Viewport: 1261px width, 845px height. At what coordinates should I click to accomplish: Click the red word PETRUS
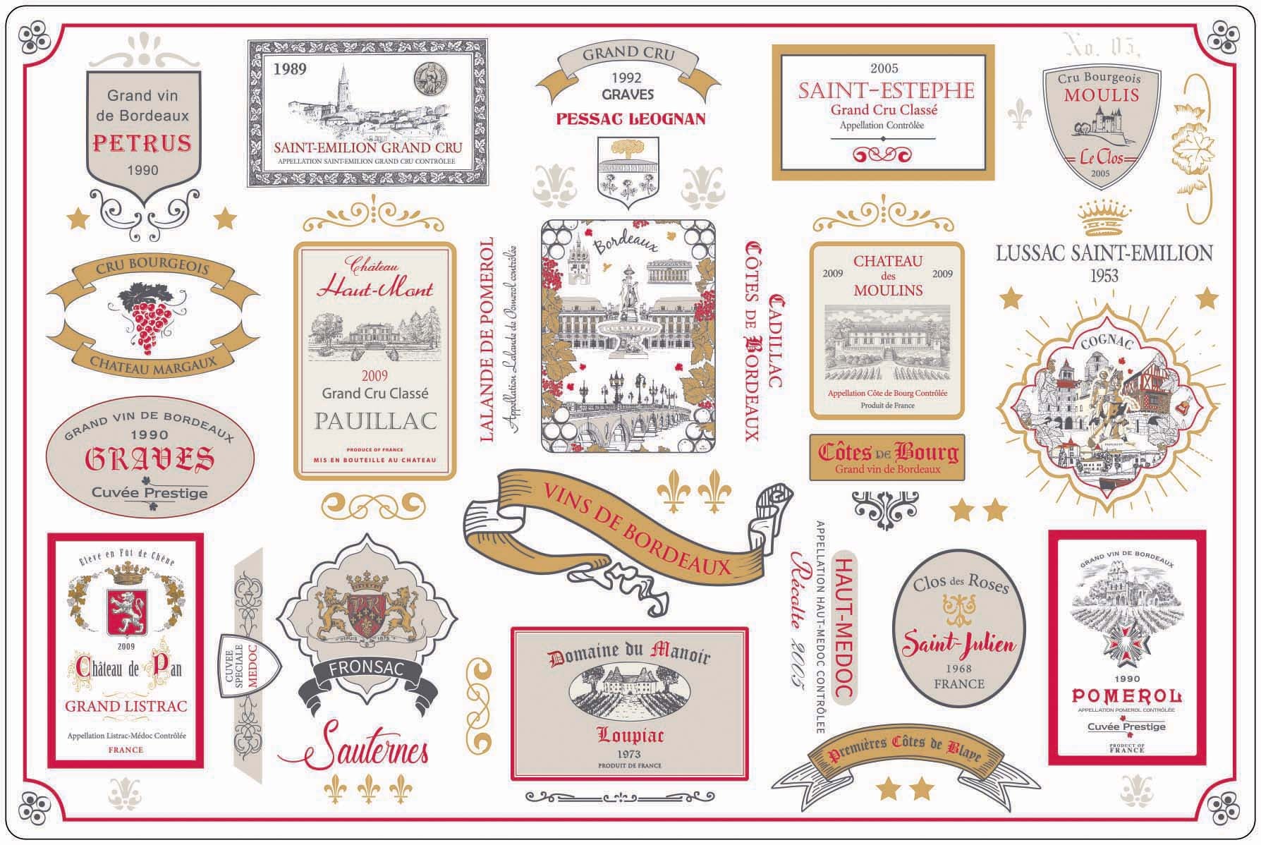click(142, 143)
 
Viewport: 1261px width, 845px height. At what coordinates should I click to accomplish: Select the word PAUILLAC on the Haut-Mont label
click(375, 421)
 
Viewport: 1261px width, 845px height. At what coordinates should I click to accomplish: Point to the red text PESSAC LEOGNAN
click(630, 118)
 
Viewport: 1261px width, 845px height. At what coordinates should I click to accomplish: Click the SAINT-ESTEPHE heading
click(886, 90)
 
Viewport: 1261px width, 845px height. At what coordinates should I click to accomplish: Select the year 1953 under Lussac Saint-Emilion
click(1104, 275)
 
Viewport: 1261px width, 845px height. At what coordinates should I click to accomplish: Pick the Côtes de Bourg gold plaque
click(887, 457)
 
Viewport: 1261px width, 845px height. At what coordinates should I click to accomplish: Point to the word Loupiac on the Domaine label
click(629, 736)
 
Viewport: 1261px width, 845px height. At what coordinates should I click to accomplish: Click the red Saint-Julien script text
click(959, 644)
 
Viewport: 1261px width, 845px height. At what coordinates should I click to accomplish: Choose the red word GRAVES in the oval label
click(150, 459)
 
